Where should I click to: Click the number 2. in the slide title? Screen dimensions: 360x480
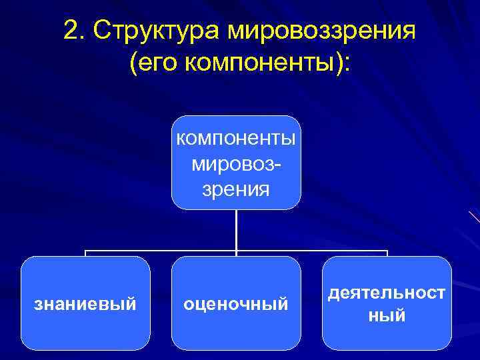click(75, 30)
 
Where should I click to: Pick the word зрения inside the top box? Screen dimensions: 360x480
click(236, 189)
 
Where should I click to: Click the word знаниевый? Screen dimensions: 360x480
click(85, 305)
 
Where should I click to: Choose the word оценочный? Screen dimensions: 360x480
click(236, 305)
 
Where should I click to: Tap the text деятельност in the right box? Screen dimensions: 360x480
click(387, 293)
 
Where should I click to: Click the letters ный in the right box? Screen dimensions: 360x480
click(387, 315)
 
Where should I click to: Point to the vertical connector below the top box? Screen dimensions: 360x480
click(236, 230)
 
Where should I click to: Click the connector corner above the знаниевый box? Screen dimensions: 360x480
click(85, 252)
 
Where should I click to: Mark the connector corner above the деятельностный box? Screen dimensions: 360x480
click(387, 252)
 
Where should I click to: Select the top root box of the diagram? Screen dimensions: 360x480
click(236, 162)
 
